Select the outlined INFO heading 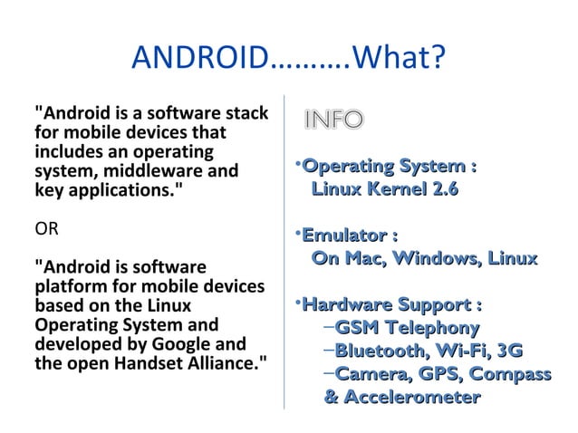(333, 120)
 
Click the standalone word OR (46, 227)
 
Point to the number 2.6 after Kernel (442, 189)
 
